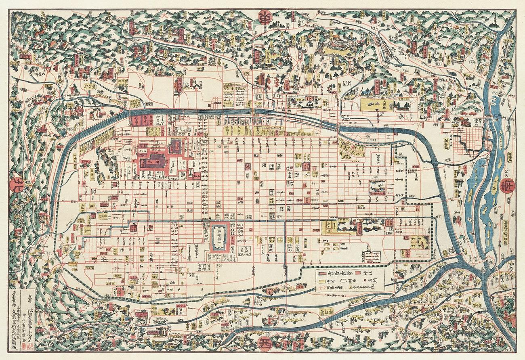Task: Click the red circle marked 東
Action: (265, 18)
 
